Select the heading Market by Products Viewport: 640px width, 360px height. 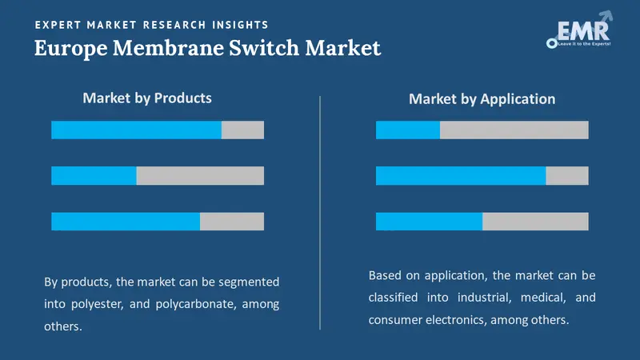(x=147, y=98)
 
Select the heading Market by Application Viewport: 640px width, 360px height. (x=482, y=99)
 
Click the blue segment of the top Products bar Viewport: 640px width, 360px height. (x=136, y=130)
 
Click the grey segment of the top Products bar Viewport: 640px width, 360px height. (x=242, y=130)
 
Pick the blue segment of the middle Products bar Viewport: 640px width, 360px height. (x=94, y=175)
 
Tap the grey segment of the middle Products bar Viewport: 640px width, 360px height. (x=200, y=175)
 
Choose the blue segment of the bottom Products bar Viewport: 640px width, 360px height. (x=126, y=222)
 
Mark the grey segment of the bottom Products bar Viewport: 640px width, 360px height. (x=232, y=222)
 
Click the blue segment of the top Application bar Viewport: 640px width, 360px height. (x=408, y=130)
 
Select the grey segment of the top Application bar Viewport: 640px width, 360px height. (x=514, y=130)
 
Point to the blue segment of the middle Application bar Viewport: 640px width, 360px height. (x=461, y=175)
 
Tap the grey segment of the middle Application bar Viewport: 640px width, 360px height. (x=567, y=175)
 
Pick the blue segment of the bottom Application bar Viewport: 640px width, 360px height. (x=429, y=222)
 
